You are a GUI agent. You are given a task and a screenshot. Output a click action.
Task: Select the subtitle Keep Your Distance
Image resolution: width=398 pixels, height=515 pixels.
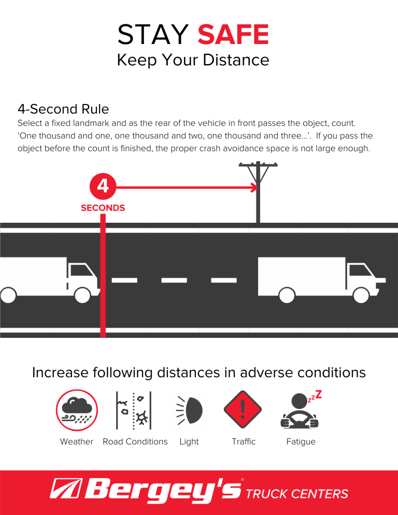coord(193,60)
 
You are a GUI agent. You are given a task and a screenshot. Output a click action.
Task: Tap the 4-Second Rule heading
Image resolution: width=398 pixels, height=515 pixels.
coord(63,109)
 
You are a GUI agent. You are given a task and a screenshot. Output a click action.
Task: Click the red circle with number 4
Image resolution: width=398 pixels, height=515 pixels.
coord(103,186)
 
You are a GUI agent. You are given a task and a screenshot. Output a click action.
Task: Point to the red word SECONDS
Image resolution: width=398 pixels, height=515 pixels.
coord(103,208)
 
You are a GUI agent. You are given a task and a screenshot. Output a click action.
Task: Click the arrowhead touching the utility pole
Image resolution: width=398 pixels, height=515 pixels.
coord(254,187)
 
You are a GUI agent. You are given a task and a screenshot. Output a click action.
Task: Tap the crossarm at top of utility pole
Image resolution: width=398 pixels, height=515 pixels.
coord(258,165)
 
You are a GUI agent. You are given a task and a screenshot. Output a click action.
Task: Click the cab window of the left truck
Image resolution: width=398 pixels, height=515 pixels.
coord(80,270)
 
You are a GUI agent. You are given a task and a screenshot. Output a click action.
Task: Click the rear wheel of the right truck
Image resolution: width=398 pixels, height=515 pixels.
coord(287,295)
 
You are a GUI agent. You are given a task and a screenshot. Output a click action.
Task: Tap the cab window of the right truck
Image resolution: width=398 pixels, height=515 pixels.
coord(358,270)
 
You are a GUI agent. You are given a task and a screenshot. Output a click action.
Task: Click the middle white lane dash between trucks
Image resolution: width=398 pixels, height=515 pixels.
coord(175,280)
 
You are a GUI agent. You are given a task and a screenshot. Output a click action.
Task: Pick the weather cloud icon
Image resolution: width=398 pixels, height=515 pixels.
coord(76,410)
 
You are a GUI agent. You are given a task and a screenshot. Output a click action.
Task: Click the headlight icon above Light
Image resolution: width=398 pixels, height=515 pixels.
coord(188,410)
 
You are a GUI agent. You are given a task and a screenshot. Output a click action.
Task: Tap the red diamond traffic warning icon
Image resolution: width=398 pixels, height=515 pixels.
coord(243,410)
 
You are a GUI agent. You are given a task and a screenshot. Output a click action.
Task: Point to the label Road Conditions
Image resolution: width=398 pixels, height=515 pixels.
coord(135,441)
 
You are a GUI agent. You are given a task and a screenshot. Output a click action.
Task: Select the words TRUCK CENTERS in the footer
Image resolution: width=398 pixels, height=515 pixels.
coord(297,494)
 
